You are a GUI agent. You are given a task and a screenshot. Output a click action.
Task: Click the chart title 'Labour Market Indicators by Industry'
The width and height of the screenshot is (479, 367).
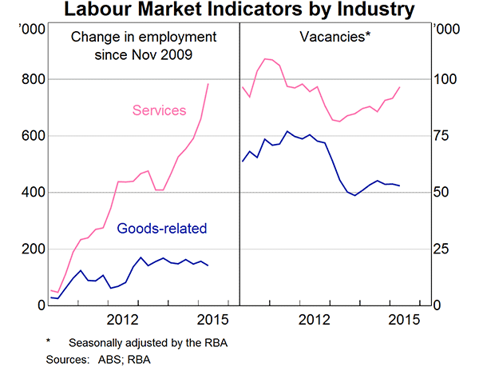pos(239,10)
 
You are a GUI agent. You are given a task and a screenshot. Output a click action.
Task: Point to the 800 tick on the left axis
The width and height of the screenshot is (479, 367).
pos(31,79)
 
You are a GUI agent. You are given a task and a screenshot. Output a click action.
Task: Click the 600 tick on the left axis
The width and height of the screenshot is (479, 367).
pos(31,136)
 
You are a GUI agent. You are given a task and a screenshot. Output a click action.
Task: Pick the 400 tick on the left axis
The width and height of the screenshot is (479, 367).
pos(31,193)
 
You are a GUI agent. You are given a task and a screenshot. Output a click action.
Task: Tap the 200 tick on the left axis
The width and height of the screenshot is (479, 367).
pos(31,249)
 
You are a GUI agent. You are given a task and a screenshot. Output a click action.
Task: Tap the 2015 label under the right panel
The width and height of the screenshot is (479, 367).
pos(403,321)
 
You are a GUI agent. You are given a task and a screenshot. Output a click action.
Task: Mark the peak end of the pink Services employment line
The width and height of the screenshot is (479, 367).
pos(209,83)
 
